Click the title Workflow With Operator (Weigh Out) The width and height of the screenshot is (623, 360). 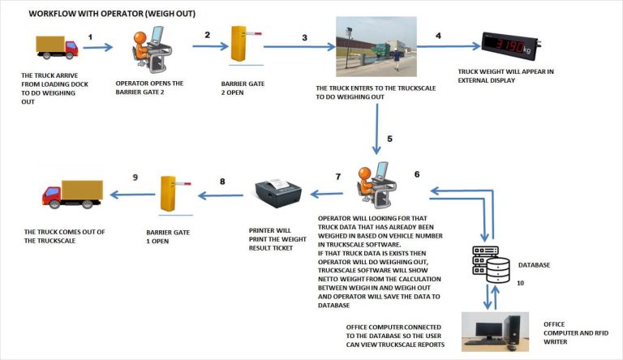point(112,14)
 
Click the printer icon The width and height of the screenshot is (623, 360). point(278,193)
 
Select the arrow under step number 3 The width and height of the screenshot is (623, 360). point(299,47)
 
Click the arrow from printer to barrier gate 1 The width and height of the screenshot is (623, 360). point(221,195)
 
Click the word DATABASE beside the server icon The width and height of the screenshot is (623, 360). point(535,264)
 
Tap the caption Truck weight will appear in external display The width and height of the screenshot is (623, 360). point(505,76)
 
